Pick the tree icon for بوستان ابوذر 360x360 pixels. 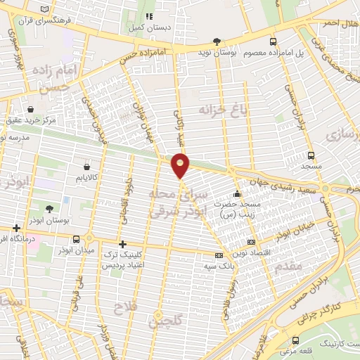49,209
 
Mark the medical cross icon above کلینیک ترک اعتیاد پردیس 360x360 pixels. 123,244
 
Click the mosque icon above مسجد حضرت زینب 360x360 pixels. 238,193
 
